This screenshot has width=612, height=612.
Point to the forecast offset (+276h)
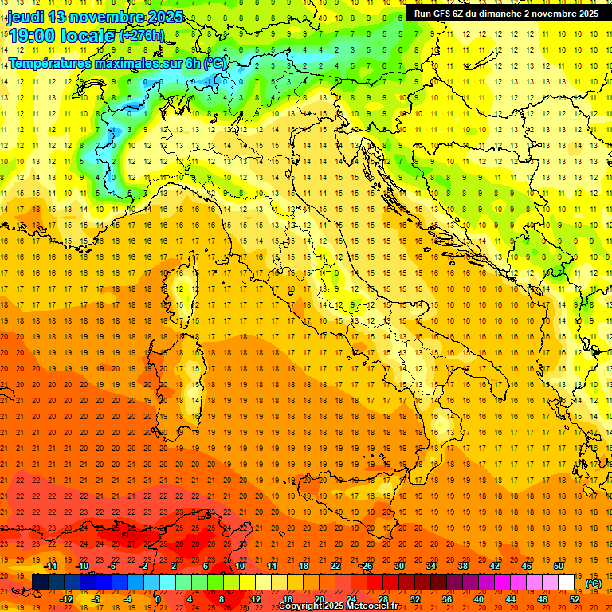(x=141, y=35)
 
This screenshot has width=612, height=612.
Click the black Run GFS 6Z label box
(x=506, y=14)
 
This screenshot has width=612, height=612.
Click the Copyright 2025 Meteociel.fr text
(x=338, y=606)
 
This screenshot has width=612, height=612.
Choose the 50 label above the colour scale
(x=559, y=566)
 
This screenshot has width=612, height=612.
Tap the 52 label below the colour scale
(x=575, y=598)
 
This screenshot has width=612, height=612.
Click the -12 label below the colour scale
(x=66, y=598)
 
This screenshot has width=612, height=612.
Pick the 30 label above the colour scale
(x=398, y=566)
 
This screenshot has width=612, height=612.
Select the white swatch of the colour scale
(x=566, y=583)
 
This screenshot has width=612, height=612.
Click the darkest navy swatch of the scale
(x=40, y=583)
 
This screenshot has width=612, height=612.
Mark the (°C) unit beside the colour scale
(x=594, y=583)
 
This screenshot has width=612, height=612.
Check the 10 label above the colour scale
(x=240, y=566)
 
